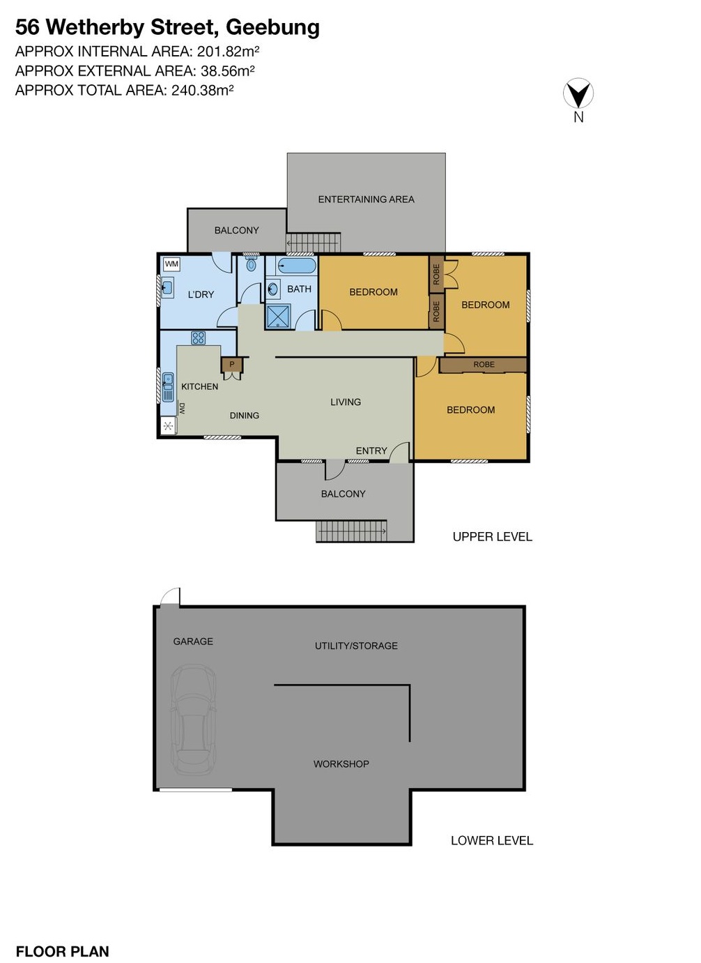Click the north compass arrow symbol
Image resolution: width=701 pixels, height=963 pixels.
(578, 93)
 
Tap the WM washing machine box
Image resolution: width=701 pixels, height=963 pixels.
(171, 264)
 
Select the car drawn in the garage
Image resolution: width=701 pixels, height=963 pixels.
(193, 720)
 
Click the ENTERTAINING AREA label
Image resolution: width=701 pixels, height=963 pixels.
(366, 199)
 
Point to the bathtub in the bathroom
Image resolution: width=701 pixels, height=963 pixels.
(297, 266)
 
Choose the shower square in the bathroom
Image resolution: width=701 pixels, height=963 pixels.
(278, 316)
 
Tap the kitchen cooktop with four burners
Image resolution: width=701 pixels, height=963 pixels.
(198, 338)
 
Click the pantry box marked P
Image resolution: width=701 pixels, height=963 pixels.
(232, 364)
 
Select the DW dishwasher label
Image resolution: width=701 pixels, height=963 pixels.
(182, 409)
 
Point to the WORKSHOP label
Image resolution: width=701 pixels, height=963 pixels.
(341, 764)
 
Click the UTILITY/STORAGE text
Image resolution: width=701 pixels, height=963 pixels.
(356, 646)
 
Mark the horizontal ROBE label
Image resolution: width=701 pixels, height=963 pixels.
(484, 365)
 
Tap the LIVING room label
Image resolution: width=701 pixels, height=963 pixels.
(346, 402)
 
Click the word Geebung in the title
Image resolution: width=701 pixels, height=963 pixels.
(272, 27)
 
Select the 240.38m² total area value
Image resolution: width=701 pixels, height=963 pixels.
(202, 90)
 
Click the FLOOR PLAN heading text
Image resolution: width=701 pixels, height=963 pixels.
(62, 952)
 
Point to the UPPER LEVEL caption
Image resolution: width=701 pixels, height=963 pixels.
(492, 537)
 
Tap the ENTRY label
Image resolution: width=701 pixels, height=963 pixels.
(371, 451)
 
